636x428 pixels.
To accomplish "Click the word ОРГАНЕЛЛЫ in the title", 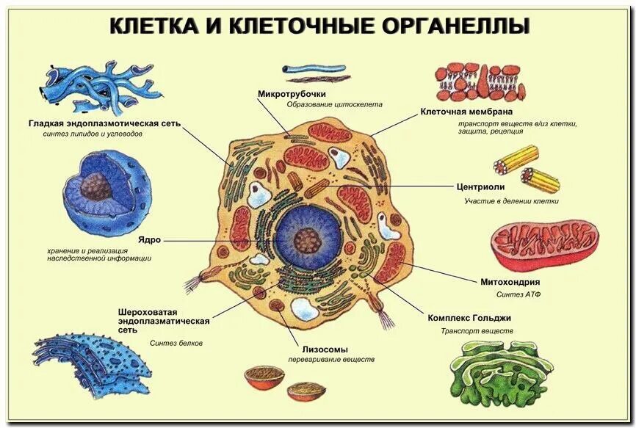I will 457,26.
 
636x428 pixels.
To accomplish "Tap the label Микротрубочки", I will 291,94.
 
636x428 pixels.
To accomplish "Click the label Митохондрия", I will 510,282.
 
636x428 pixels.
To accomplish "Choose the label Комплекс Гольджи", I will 469,318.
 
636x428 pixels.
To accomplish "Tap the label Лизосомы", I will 325,349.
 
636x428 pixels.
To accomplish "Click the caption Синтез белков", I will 176,343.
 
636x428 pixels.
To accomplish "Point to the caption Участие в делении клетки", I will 511,200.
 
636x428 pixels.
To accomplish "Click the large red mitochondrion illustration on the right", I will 544,244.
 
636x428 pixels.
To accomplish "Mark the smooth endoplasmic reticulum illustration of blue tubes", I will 91,85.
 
